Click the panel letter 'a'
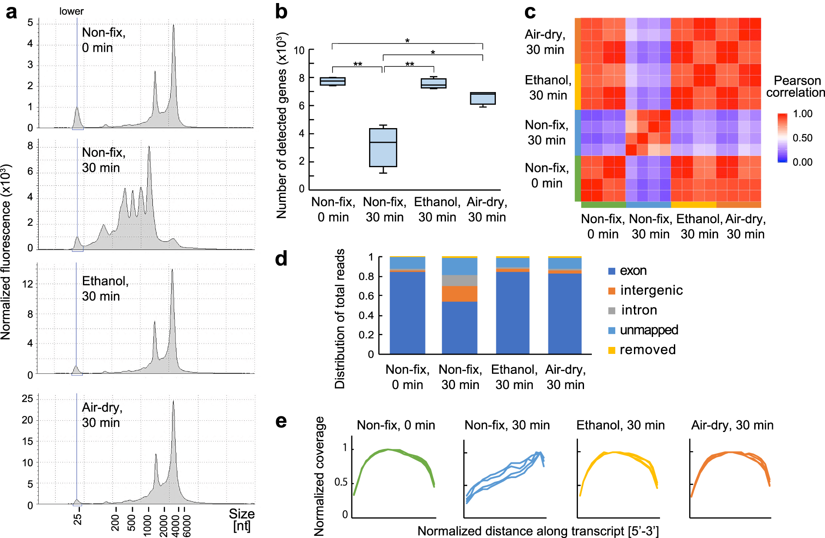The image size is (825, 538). click(11, 12)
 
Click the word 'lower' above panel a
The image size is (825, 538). click(71, 11)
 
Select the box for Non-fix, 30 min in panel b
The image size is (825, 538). click(383, 148)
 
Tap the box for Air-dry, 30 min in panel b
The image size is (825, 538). click(483, 99)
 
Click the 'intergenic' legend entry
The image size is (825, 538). click(651, 290)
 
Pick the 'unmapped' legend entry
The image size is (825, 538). click(649, 330)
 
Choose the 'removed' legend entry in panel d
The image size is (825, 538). click(647, 350)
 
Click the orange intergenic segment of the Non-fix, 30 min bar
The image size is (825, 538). click(459, 294)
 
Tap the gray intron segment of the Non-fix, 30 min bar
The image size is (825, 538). click(459, 281)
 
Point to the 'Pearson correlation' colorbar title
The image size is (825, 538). click(795, 86)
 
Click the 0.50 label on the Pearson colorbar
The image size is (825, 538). click(802, 138)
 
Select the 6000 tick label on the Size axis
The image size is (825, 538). click(187, 526)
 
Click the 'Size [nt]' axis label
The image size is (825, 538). click(242, 520)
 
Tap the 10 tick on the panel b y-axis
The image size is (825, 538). click(299, 50)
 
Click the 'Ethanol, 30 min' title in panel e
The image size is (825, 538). click(620, 425)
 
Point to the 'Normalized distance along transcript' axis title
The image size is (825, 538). click(538, 531)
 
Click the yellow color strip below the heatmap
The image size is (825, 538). click(693, 205)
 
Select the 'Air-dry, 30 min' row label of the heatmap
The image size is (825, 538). click(545, 42)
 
